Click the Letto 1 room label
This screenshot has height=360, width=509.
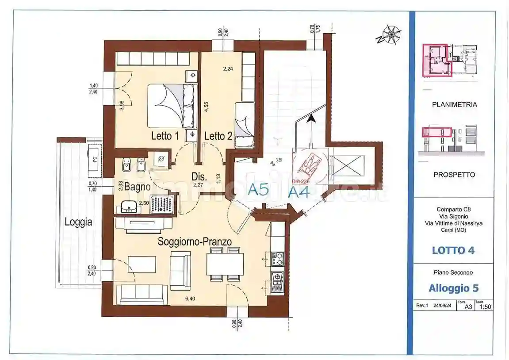165,136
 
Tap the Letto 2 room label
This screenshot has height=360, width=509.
218,136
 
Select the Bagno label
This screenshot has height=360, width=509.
137,187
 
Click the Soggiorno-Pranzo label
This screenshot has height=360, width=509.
195,241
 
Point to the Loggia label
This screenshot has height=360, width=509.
78,222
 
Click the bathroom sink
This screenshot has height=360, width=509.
129,206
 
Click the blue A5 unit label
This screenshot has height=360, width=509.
258,190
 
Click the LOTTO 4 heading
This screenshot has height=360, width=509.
453,250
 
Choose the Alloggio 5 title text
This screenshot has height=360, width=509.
453,288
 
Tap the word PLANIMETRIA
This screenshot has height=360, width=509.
454,105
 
